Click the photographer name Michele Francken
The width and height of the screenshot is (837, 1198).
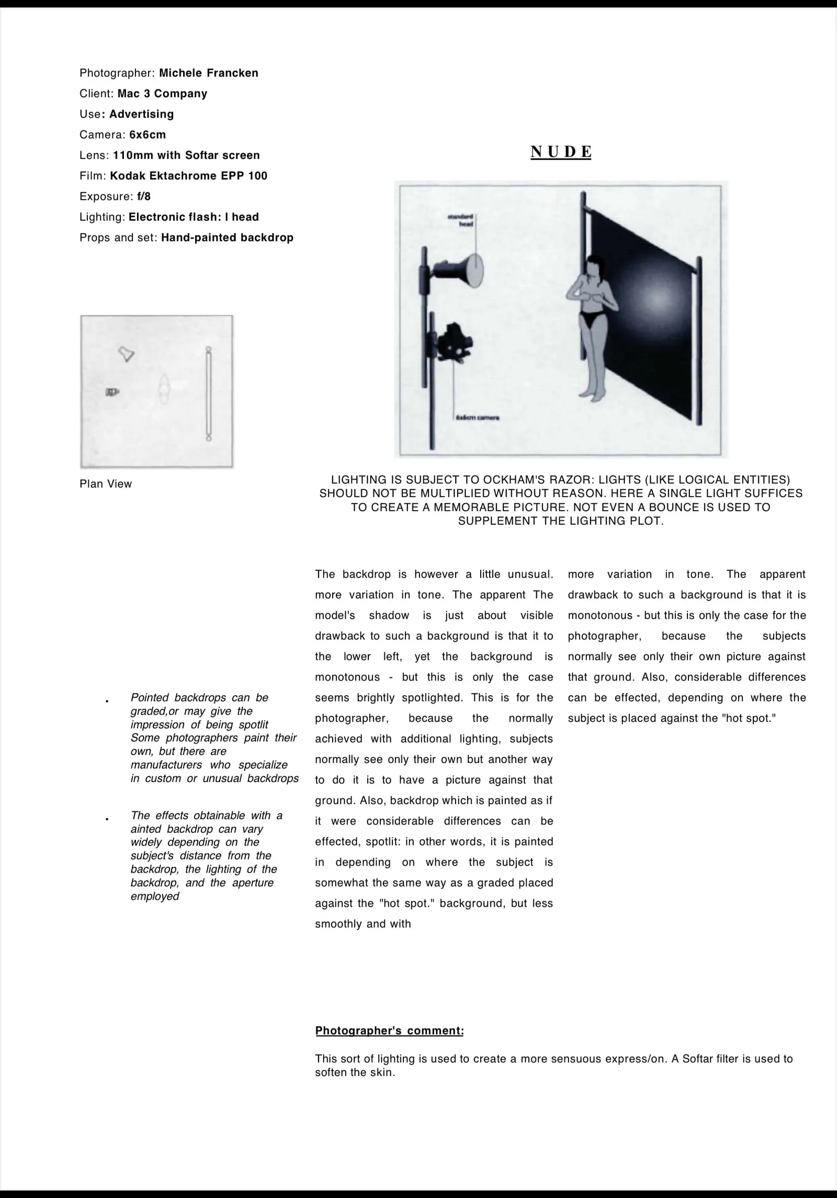point(208,73)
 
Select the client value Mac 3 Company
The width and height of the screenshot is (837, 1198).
point(162,94)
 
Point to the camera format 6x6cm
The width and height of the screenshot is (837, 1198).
point(148,134)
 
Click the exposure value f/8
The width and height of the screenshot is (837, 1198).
point(144,197)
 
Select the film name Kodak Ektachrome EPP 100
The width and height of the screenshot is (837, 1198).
point(188,176)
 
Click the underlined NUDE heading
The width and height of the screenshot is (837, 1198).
point(561,152)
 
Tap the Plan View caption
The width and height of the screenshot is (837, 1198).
point(106,484)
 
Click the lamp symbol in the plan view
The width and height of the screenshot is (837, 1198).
point(126,354)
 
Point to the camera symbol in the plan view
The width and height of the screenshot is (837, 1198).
point(112,391)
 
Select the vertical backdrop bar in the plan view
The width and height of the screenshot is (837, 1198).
point(209,392)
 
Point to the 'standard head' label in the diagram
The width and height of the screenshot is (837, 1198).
point(461,220)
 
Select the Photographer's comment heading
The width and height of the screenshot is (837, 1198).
point(389,1031)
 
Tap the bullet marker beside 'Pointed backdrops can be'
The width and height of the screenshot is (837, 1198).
point(107,700)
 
